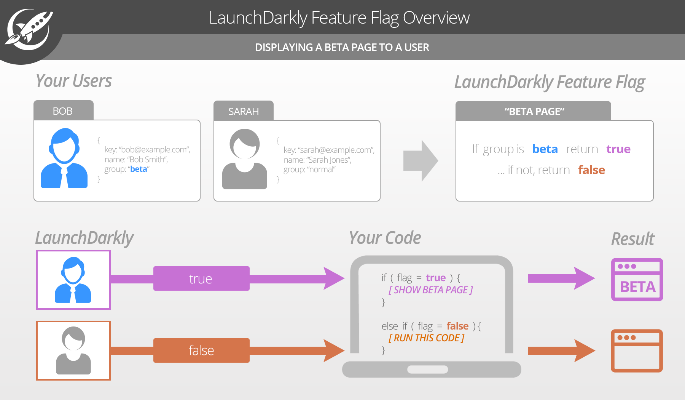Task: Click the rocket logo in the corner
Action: click(29, 30)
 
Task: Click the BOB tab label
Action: click(63, 111)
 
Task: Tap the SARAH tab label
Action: click(244, 112)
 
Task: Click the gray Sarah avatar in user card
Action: click(245, 159)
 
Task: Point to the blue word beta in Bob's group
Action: click(139, 169)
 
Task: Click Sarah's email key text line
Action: click(329, 150)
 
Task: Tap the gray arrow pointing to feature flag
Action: click(421, 161)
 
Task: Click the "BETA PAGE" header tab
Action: click(534, 112)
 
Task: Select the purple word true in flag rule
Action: click(618, 149)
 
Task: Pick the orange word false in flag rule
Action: click(591, 170)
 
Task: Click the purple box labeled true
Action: click(201, 279)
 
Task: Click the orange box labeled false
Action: click(201, 350)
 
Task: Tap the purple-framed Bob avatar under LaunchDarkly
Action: click(73, 280)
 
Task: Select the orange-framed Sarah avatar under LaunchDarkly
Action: click(73, 350)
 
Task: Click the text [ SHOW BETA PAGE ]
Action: click(430, 290)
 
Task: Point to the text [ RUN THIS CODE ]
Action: click(426, 338)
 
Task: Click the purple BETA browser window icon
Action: click(637, 280)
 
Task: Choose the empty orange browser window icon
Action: click(637, 351)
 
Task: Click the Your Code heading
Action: click(385, 238)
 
